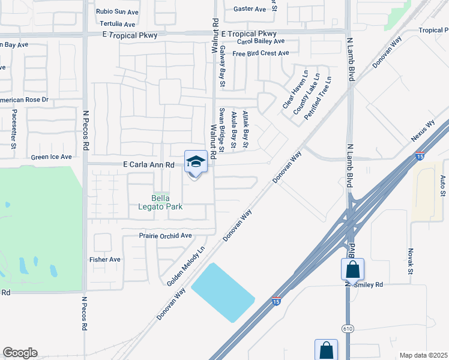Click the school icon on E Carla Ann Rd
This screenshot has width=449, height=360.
click(196, 161)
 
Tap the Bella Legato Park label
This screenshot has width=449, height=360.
click(166, 202)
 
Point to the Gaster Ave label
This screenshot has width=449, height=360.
click(250, 9)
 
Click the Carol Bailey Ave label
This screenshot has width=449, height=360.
click(261, 41)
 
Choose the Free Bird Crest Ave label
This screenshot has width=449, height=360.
click(261, 53)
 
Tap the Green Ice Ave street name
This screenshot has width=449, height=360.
click(52, 157)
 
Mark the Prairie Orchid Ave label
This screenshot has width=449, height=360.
click(165, 236)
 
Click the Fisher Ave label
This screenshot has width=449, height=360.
click(105, 260)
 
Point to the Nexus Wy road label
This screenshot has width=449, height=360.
click(423, 133)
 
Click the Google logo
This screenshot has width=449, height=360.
click(20, 353)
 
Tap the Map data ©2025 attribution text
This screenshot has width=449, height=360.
click(423, 355)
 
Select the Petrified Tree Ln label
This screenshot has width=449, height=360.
click(318, 98)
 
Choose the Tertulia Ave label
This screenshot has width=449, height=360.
click(117, 25)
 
